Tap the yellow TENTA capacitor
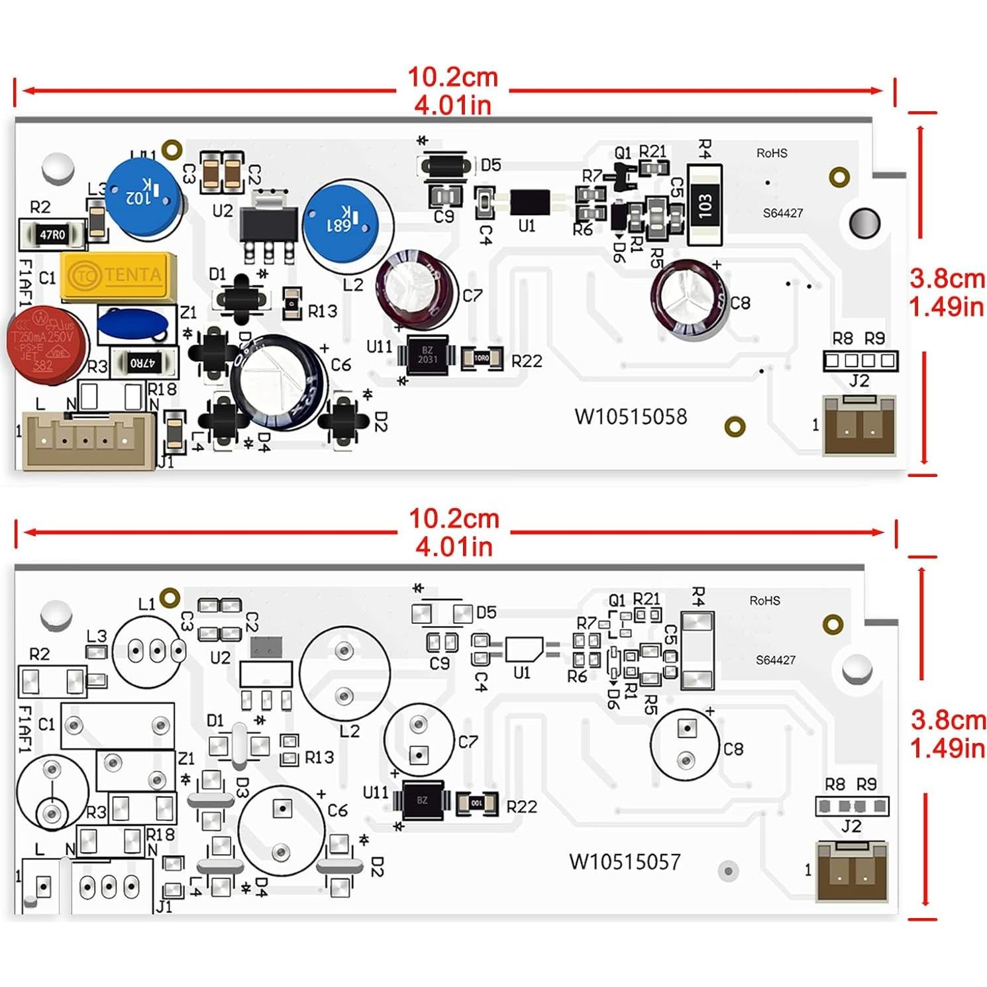click(119, 275)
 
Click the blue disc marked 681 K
click(340, 222)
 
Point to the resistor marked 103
click(705, 205)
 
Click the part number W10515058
click(631, 417)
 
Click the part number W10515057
click(625, 862)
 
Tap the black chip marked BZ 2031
click(427, 355)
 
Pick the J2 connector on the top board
click(859, 425)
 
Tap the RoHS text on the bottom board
click(764, 600)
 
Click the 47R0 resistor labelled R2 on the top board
click(52, 234)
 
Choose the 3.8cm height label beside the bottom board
click(948, 719)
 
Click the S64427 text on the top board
click(783, 213)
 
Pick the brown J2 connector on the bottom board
click(851, 871)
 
